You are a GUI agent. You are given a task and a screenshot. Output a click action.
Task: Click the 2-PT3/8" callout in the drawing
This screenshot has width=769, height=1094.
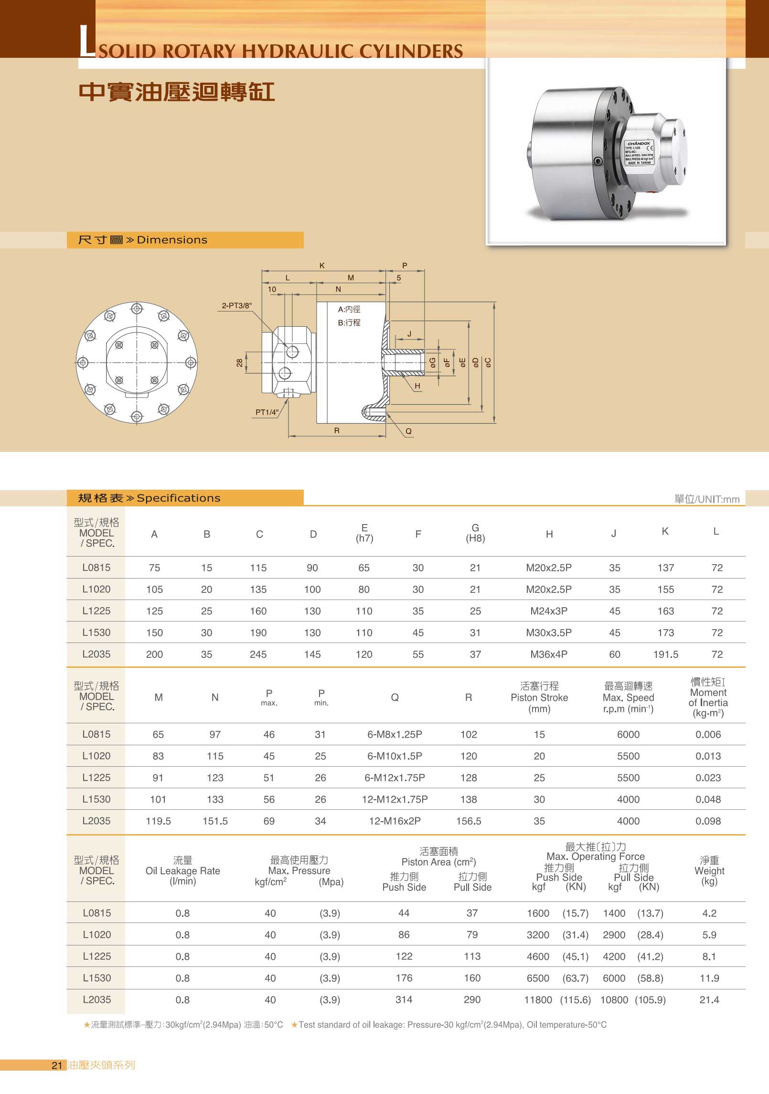pyautogui.click(x=236, y=306)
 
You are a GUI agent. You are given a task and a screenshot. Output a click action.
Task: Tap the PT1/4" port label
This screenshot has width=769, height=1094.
pyautogui.click(x=267, y=412)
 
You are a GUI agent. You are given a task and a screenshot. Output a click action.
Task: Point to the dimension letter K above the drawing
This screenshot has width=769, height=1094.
pyautogui.click(x=322, y=266)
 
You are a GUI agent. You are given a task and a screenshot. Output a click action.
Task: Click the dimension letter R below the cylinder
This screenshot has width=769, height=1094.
pyautogui.click(x=337, y=430)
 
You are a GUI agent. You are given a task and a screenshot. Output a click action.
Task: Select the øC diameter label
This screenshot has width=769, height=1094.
pyautogui.click(x=488, y=363)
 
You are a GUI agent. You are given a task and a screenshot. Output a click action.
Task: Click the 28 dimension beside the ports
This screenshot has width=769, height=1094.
pyautogui.click(x=239, y=363)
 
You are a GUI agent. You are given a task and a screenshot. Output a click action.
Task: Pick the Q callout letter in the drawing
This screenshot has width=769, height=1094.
pyautogui.click(x=408, y=431)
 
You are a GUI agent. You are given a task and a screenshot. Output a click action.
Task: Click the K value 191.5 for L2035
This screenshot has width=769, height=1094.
pyautogui.click(x=665, y=654)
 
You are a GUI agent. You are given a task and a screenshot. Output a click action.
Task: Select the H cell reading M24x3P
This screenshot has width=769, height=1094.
pyautogui.click(x=549, y=611)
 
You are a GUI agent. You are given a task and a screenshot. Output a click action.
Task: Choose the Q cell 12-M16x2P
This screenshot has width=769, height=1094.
pyautogui.click(x=395, y=821)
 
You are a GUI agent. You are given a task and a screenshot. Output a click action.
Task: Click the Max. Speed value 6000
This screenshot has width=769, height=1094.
pyautogui.click(x=628, y=735)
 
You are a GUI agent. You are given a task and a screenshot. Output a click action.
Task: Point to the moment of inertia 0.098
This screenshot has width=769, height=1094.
pyautogui.click(x=708, y=821)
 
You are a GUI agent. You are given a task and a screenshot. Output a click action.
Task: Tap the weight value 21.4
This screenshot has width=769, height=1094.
pyautogui.click(x=709, y=1000)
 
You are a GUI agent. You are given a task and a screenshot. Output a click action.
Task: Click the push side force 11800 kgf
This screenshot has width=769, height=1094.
pyautogui.click(x=538, y=1000)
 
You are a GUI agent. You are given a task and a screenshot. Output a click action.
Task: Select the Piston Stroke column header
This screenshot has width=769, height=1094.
pyautogui.click(x=539, y=697)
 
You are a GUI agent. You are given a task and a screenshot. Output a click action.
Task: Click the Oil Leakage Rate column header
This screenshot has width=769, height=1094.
pyautogui.click(x=182, y=871)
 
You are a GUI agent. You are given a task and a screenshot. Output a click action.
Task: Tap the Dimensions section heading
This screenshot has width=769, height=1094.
pyautogui.click(x=172, y=240)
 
